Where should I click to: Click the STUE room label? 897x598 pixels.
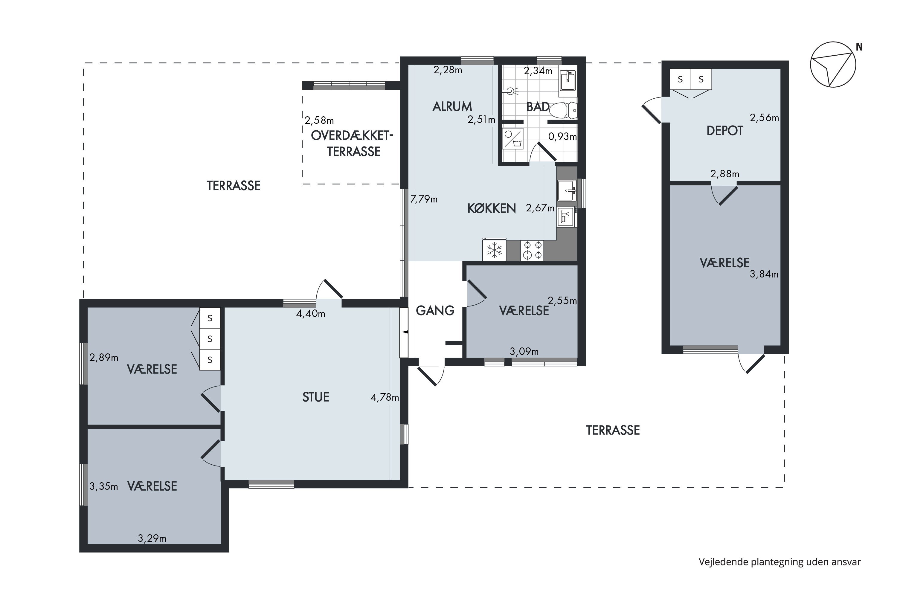point(315,397)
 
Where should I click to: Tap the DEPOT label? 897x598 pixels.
point(724,131)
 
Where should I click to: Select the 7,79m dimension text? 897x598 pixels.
point(424,199)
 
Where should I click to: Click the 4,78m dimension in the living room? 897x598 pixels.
point(385,397)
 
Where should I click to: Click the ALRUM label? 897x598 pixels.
point(452,106)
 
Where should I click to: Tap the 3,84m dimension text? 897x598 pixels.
point(764,274)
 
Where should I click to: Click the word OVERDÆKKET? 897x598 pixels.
point(352,135)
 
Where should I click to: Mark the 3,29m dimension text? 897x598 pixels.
point(152,538)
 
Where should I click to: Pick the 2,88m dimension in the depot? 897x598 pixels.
point(724,174)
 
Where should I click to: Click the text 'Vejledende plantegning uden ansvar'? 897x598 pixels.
point(779,562)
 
